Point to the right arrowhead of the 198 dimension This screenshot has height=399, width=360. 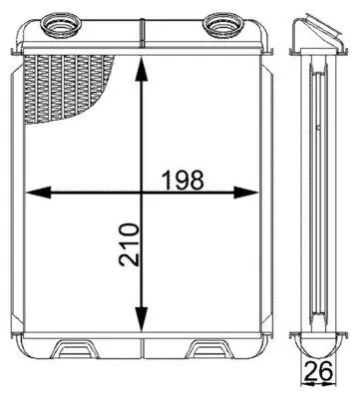pyautogui.click(x=261, y=192)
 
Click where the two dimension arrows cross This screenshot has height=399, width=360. pyautogui.click(x=145, y=192)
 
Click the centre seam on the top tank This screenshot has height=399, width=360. pyautogui.click(x=146, y=38)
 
